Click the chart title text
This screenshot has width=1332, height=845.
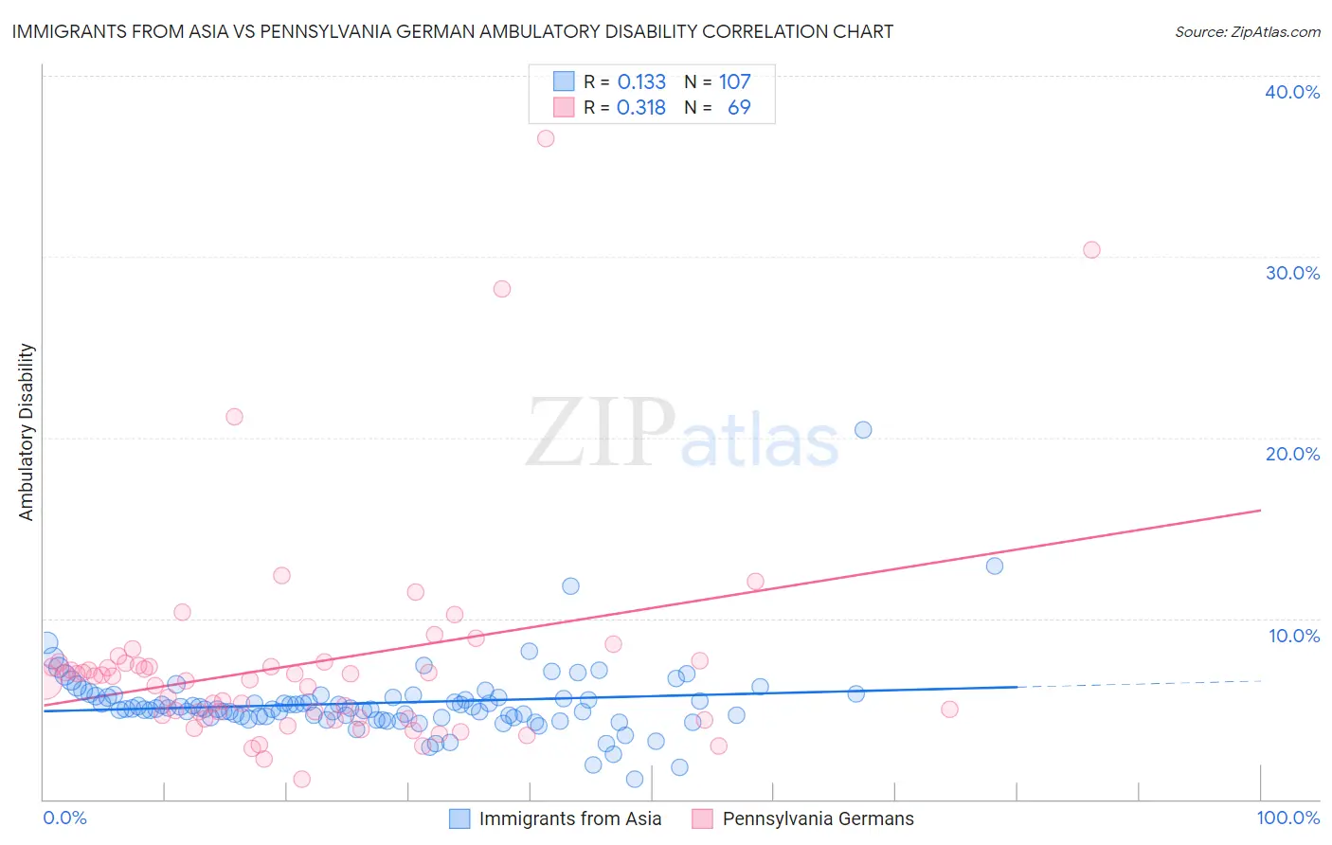coord(452,32)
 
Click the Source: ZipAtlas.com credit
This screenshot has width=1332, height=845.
coord(1247,32)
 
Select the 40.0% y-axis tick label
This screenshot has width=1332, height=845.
coord(1291,92)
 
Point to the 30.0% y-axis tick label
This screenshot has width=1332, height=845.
coord(1291,273)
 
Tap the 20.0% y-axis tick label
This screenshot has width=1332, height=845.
coord(1291,454)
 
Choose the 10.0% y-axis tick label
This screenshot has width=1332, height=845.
coord(1293,636)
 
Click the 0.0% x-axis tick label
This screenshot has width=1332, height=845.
coord(64,818)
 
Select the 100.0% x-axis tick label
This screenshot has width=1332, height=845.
coord(1287,818)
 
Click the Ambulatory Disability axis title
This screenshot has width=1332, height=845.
coord(27,432)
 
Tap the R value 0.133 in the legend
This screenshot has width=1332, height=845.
coord(641,82)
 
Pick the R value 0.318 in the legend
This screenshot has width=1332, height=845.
coord(641,108)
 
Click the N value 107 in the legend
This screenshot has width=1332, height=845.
coord(734,82)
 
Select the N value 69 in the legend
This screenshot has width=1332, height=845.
coord(739,108)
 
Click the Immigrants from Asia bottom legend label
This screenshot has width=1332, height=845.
coord(569,819)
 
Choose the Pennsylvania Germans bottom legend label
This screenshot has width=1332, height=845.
coord(818,819)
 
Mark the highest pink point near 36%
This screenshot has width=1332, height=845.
coord(546,138)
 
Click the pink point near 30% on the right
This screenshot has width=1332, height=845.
coord(1091,250)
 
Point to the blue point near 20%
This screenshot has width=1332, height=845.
coord(863,430)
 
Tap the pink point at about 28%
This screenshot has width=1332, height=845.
coord(502,289)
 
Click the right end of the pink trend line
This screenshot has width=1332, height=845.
coord(1260,510)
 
